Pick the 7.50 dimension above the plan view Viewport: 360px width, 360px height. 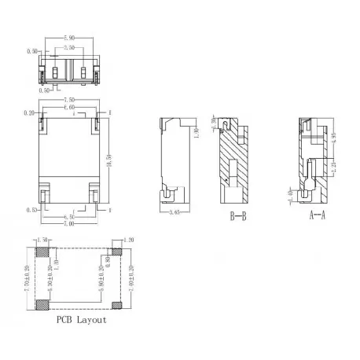pos(69,101)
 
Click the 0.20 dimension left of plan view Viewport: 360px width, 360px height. pos(29,113)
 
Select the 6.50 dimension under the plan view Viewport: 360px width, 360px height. pos(68,215)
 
